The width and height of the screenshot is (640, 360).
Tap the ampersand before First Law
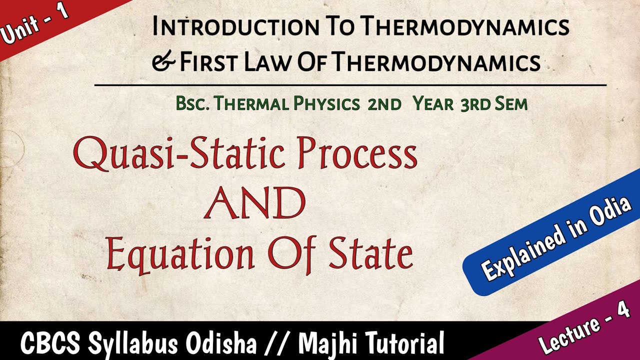[164, 62]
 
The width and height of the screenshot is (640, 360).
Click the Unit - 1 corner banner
[35, 25]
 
